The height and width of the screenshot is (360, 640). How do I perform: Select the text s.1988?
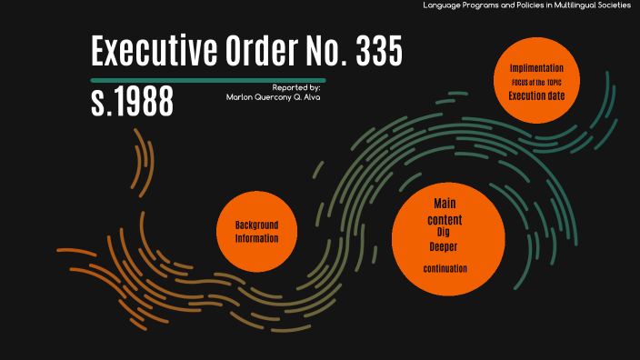pos(132,103)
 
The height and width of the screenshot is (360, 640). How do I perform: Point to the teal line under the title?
pos(208,81)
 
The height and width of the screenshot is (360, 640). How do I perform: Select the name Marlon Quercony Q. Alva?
pos(273,96)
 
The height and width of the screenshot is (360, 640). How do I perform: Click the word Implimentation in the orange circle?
pos(536,68)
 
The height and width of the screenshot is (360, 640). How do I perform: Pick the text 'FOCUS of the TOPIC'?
pos(536,82)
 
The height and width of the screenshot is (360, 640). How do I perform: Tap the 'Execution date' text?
pos(536,95)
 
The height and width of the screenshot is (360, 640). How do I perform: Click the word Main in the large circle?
pos(445,203)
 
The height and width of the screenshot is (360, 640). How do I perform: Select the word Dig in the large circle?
pos(445,234)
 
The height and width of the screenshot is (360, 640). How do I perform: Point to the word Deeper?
pos(445,246)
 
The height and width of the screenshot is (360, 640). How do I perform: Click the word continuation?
pos(445,269)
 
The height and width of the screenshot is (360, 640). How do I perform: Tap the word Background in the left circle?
pos(256,225)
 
